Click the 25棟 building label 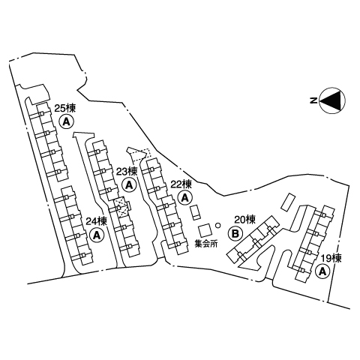pyautogui.click(x=65, y=109)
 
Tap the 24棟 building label pyautogui.click(x=97, y=221)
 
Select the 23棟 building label pyautogui.click(x=127, y=172)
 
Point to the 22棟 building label pyautogui.click(x=181, y=184)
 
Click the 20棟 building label pyautogui.click(x=245, y=220)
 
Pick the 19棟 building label pyautogui.click(x=331, y=259)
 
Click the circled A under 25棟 pyautogui.click(x=67, y=121)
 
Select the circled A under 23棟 pyautogui.click(x=129, y=185)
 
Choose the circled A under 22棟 pyautogui.click(x=185, y=198)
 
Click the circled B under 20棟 pyautogui.click(x=235, y=233)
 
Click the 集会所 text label pyautogui.click(x=206, y=244)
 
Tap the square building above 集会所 pyautogui.click(x=205, y=229)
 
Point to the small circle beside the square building pyautogui.click(x=218, y=225)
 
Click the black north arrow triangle pyautogui.click(x=331, y=100)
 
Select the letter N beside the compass pyautogui.click(x=313, y=100)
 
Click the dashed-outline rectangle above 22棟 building pyautogui.click(x=140, y=155)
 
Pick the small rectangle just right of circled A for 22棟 pyautogui.click(x=195, y=212)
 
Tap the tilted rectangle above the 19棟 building pyautogui.click(x=289, y=202)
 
